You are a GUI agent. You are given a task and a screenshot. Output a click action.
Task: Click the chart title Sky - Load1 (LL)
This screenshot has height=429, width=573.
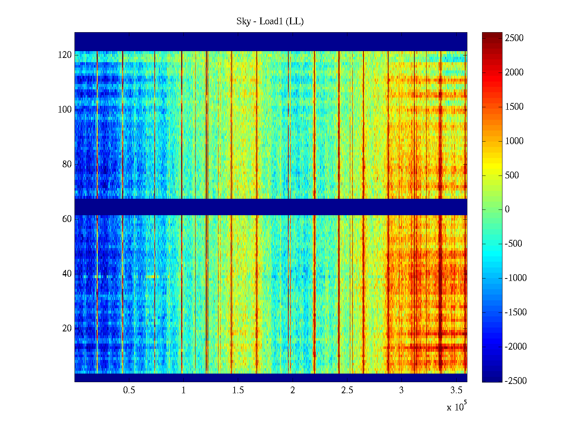coord(270,21)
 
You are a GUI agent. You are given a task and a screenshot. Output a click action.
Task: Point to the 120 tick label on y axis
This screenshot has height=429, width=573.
coord(65,55)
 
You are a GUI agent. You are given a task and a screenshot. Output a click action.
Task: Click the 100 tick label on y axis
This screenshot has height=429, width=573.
coord(65,110)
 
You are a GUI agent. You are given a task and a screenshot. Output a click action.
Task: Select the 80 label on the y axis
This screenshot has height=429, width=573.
coord(67,164)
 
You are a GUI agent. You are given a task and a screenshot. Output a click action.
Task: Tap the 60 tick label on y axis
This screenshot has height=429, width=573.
coord(67,219)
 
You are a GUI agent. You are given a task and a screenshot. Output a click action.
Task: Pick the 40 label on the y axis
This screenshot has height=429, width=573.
coord(67,274)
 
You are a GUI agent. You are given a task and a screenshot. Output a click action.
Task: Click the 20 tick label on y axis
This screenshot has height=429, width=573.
coord(67,329)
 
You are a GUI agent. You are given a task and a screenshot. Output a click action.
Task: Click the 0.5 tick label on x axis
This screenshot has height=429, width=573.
coord(129,390)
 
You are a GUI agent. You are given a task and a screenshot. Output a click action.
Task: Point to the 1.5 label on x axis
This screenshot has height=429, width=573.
coord(238,390)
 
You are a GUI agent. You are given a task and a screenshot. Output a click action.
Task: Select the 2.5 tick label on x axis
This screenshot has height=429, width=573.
coord(347,390)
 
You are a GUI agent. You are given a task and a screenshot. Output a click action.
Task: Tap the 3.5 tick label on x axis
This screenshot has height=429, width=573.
coord(456,390)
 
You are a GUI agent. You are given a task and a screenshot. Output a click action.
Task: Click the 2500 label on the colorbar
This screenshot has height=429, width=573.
coord(514,38)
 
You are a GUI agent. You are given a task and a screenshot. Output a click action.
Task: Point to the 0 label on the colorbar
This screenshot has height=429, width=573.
coord(507,209)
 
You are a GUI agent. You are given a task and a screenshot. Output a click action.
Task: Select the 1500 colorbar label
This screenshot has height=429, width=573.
coord(514,107)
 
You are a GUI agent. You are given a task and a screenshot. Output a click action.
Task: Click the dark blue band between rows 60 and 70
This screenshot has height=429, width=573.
coord(271,207)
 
